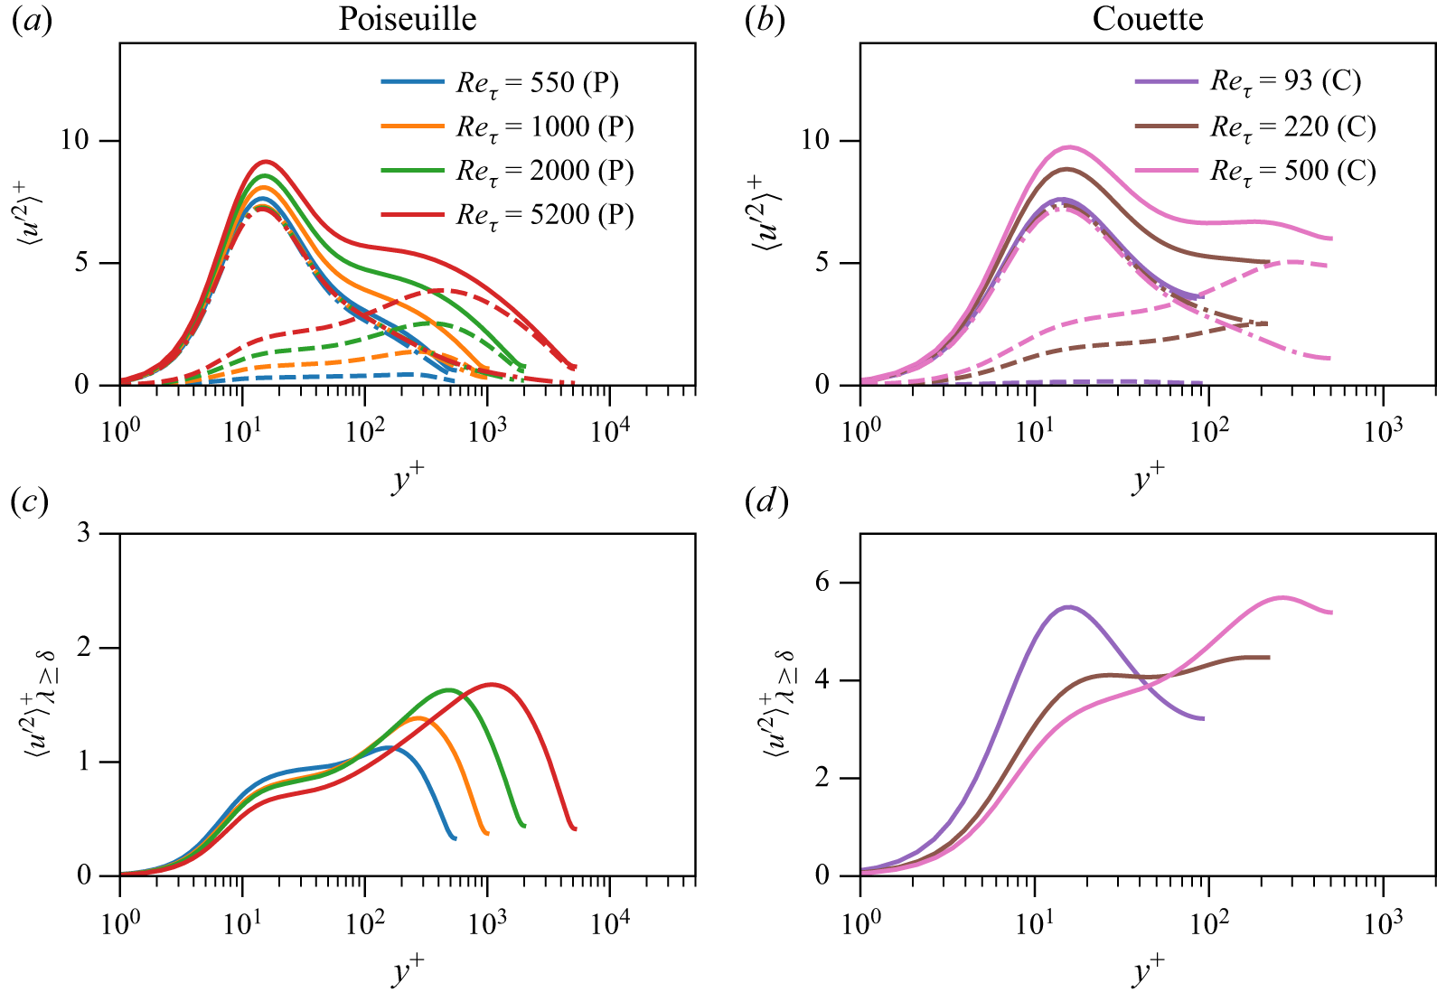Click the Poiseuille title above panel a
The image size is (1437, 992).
point(407,19)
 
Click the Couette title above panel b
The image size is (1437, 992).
point(1147,19)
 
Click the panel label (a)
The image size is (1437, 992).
point(31,20)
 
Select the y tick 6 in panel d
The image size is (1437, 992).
point(822,583)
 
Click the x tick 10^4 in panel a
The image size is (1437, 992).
point(610,430)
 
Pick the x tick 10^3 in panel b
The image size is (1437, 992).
point(1383,430)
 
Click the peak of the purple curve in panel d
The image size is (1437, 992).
point(1069,606)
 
